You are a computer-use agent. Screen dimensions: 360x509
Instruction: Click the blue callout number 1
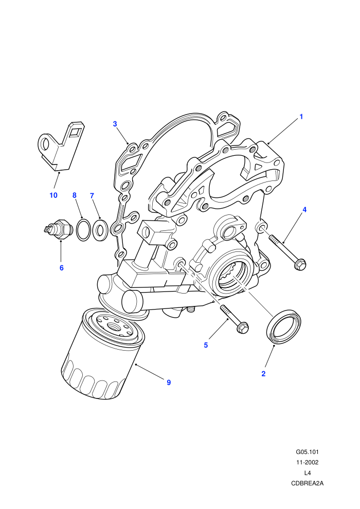(x=301, y=117)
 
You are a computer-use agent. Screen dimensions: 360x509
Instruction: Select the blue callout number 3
(x=115, y=124)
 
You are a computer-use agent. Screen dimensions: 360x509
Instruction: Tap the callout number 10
(x=53, y=195)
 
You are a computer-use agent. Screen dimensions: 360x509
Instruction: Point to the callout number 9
(x=169, y=383)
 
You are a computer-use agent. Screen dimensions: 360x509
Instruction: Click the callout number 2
(x=263, y=374)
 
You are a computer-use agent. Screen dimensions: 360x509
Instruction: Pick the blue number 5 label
(x=206, y=345)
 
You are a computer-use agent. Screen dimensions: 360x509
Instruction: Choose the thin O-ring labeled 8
(x=83, y=230)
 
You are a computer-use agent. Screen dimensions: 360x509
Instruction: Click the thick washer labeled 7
(x=100, y=229)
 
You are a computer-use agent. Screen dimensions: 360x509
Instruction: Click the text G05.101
(x=307, y=452)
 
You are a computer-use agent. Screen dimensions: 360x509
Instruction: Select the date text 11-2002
(x=307, y=462)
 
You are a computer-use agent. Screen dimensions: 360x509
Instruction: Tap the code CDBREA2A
(x=307, y=483)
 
